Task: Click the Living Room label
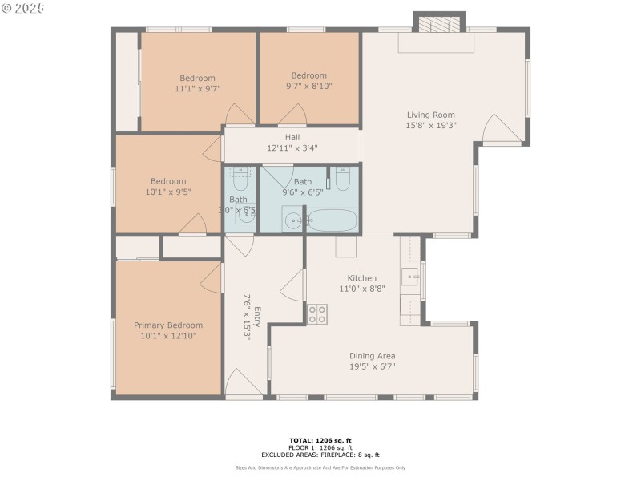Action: click(430, 115)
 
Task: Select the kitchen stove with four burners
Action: click(317, 313)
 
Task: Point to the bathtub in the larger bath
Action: click(332, 220)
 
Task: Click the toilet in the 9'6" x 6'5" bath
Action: click(342, 179)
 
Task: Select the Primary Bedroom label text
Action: click(167, 325)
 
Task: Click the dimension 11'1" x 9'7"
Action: click(197, 89)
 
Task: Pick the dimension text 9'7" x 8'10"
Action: click(308, 86)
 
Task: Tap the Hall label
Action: click(292, 137)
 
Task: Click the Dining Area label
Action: click(372, 356)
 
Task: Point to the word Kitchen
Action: click(357, 278)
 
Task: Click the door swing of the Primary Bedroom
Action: click(210, 277)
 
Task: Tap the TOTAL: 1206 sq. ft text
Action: click(320, 440)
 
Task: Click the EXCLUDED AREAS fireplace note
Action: click(320, 455)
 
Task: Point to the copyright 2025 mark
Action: click(23, 8)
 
